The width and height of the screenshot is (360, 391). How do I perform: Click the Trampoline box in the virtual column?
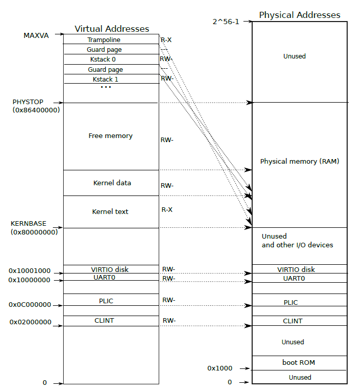110,40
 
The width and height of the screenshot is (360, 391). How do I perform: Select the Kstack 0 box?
110,60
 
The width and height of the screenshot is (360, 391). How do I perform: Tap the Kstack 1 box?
110,79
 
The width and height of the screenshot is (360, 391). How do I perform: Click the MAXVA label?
36,35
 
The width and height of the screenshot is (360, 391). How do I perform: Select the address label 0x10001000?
29,270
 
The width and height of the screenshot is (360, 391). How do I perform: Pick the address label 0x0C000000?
30,305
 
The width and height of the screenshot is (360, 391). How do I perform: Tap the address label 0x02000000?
30,322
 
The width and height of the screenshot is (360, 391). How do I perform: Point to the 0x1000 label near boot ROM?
220,368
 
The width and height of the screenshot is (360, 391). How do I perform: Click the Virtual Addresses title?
112,29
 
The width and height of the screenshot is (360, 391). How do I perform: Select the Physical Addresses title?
299,15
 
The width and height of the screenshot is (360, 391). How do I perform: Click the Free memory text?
110,136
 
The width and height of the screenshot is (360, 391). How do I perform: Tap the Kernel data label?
112,183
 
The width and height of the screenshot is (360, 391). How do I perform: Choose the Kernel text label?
110,211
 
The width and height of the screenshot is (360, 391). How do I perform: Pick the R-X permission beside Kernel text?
166,210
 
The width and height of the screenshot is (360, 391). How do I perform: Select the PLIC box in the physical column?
298,303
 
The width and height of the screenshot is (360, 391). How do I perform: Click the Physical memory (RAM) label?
299,162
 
